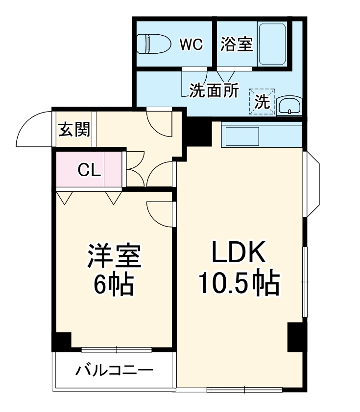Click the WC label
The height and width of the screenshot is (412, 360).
coord(191,44)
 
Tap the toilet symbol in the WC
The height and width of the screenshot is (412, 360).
coord(153,44)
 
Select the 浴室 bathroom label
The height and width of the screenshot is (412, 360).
coord(237,44)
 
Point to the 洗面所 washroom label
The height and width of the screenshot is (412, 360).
coord(214,91)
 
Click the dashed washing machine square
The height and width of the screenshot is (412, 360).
coord(262,101)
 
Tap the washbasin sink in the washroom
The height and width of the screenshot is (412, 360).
coord(289,105)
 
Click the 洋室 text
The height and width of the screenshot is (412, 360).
coord(114,255)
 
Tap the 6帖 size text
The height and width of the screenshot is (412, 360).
coord(114,283)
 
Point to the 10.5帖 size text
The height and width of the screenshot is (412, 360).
coord(239,283)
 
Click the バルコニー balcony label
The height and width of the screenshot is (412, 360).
coord(114,370)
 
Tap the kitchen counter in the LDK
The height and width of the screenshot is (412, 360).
coord(262,135)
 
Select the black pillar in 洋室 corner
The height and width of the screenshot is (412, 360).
coord(62,341)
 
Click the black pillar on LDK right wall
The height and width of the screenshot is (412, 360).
coord(295,337)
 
